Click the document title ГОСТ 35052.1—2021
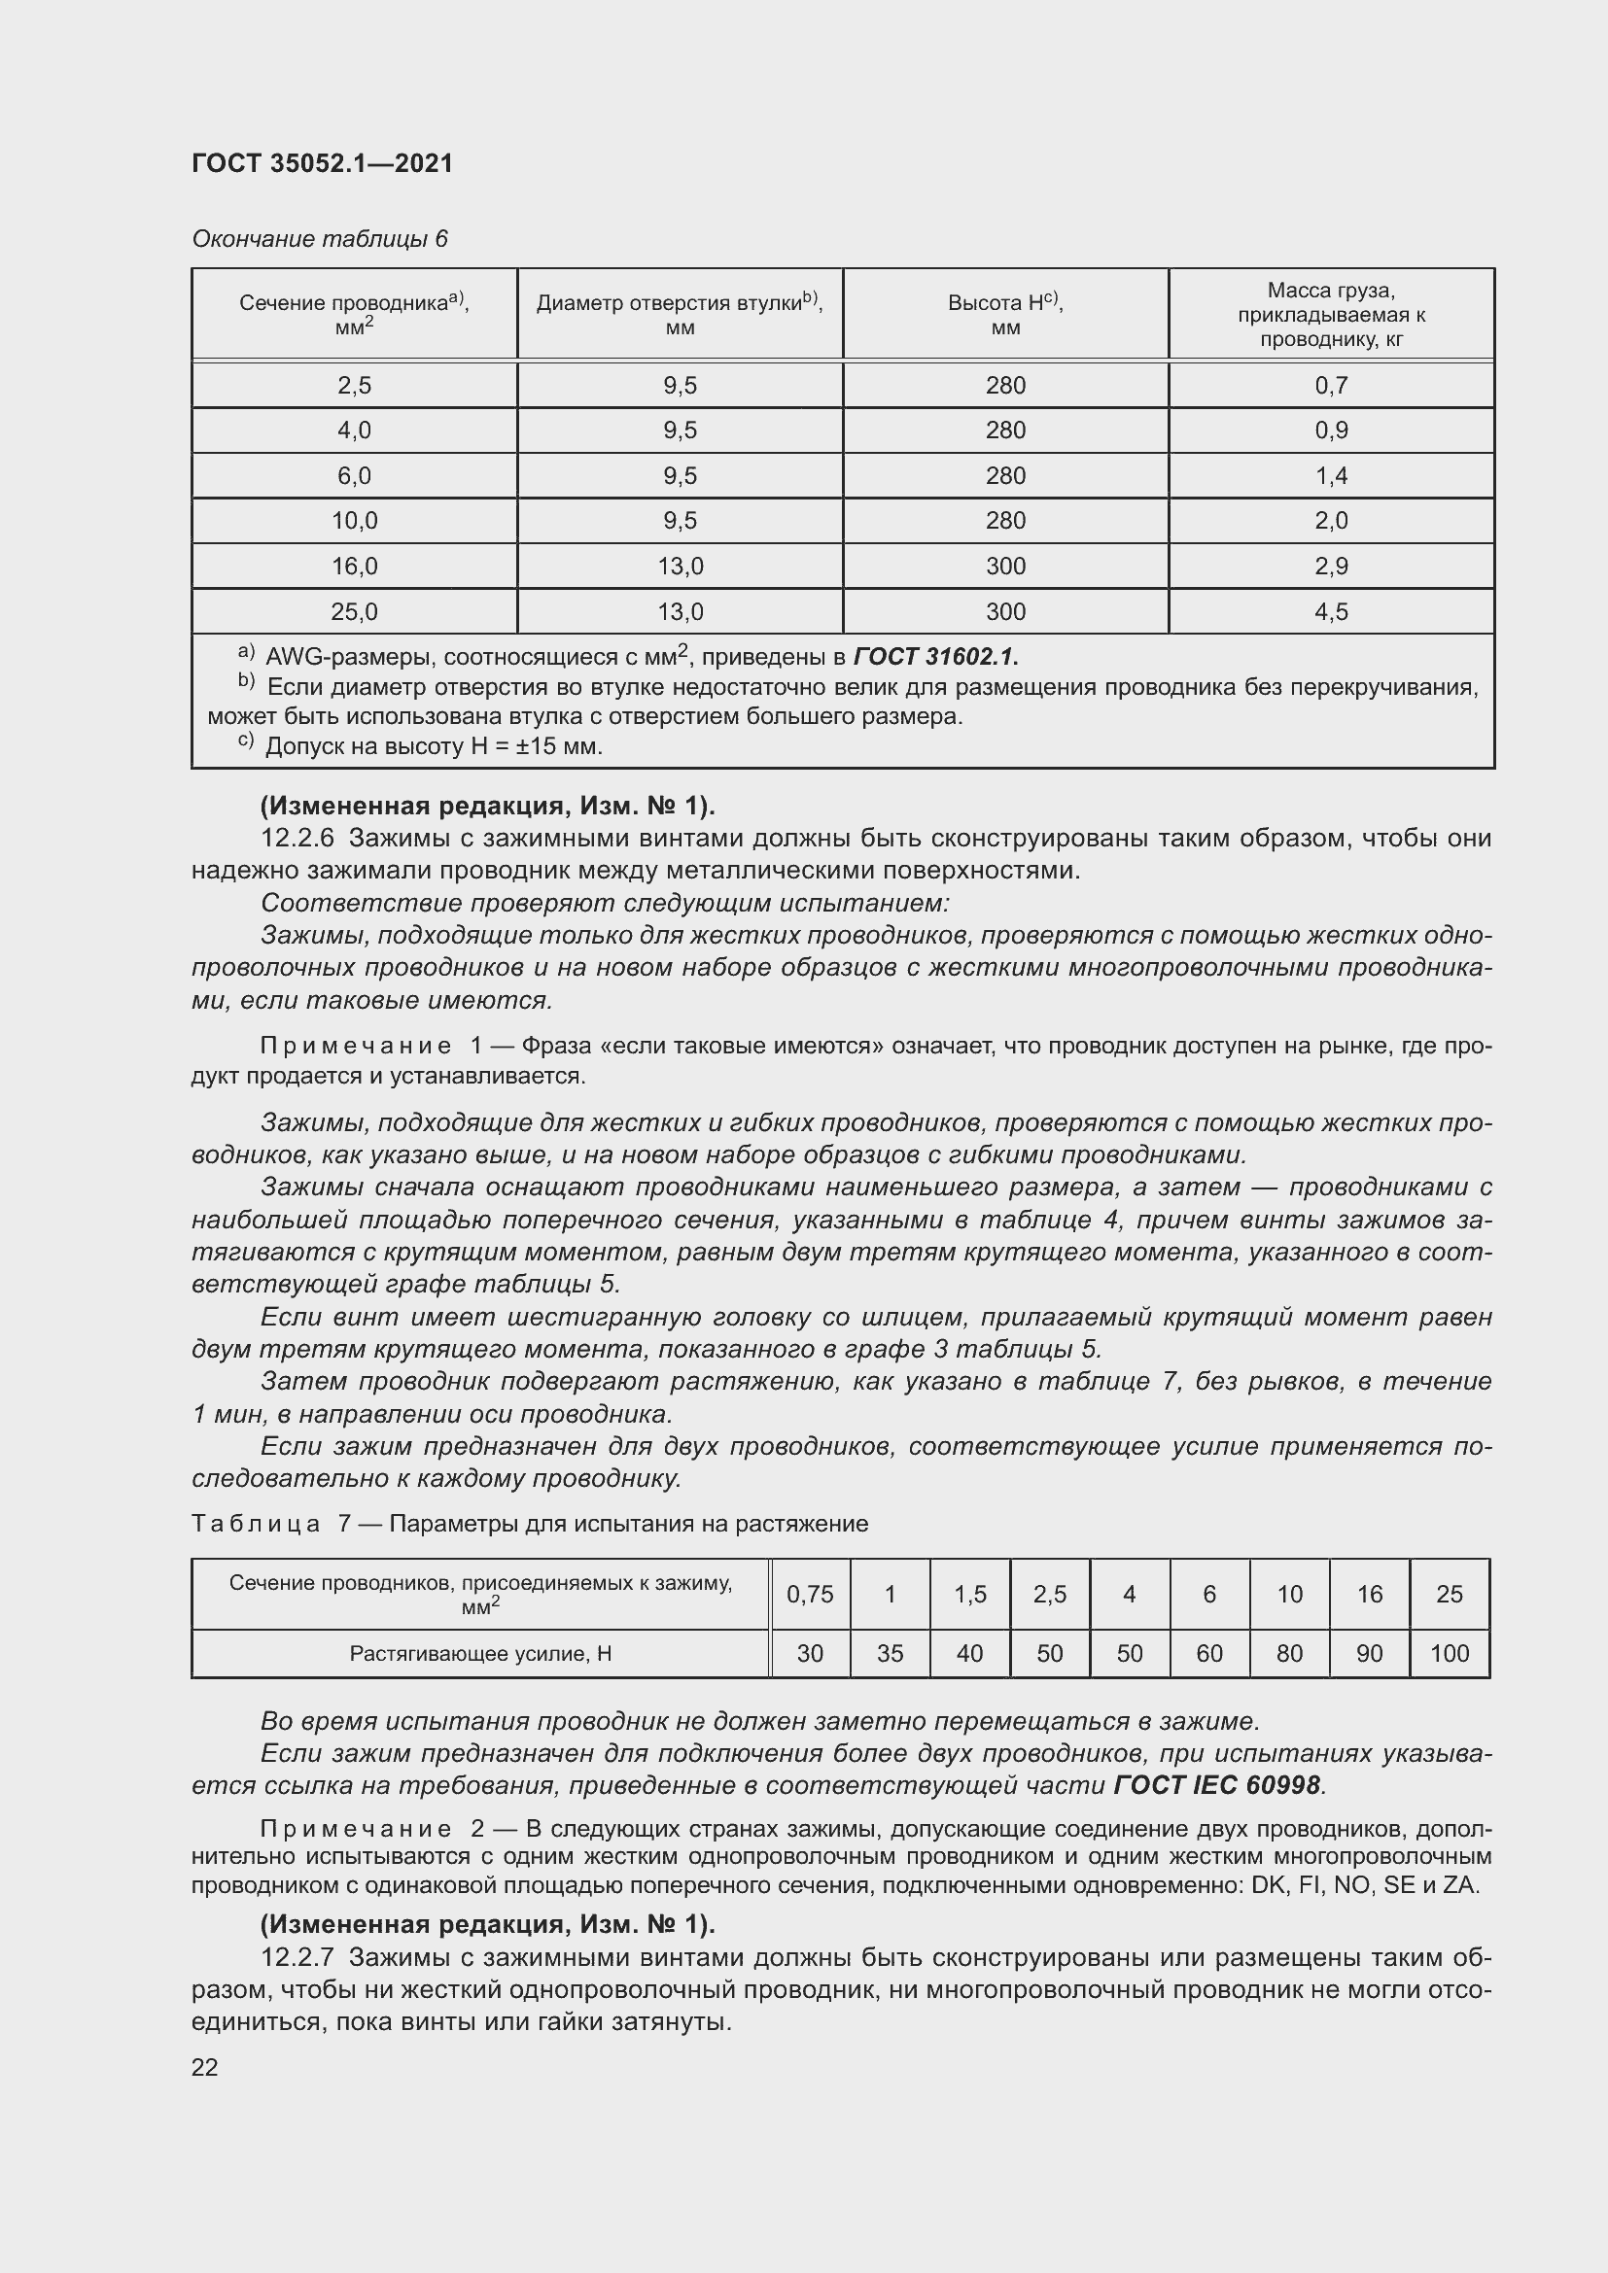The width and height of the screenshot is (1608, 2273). (322, 163)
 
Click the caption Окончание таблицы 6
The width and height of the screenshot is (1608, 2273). (319, 239)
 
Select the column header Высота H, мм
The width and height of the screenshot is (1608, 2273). (1005, 314)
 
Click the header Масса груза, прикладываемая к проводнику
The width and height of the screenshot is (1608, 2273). (1331, 314)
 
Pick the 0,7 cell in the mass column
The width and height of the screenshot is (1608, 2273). (1331, 385)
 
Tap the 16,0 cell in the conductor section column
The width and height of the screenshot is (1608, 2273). (354, 567)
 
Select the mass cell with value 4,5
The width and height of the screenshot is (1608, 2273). (1331, 612)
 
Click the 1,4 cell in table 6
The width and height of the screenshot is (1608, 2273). (1331, 476)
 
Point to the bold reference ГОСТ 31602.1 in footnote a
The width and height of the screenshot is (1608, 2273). (934, 656)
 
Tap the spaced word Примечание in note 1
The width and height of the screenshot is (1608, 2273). (356, 1046)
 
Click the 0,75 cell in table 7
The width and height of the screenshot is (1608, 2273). (809, 1594)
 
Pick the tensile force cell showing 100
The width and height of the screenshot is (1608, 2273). (1449, 1653)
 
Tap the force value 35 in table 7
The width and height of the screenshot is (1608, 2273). (890, 1653)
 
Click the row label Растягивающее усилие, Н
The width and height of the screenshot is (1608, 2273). (480, 1653)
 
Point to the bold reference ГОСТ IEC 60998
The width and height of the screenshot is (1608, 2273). (1217, 1785)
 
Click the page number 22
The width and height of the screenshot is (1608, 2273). (205, 2067)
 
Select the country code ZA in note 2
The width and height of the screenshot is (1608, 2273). (1459, 1885)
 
